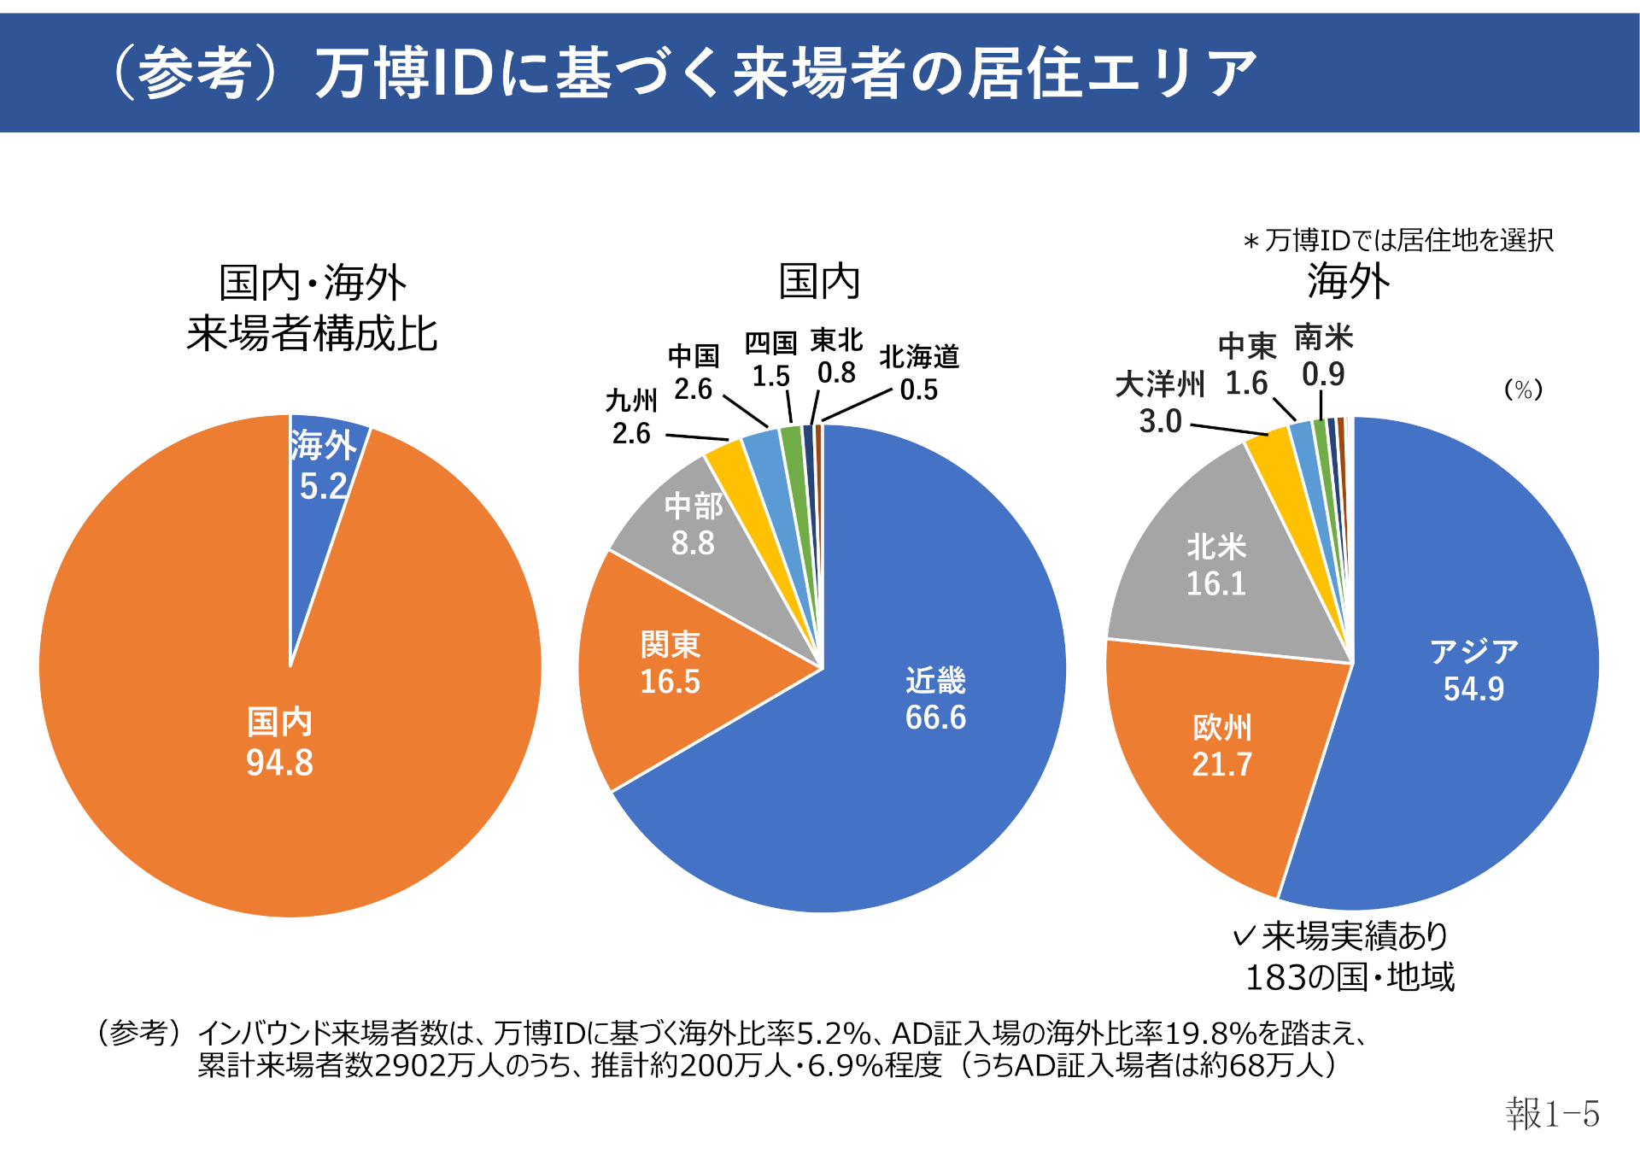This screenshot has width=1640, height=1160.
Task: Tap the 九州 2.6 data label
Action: click(631, 417)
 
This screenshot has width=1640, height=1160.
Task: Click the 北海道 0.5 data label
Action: click(919, 372)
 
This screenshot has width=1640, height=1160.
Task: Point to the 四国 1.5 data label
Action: click(770, 360)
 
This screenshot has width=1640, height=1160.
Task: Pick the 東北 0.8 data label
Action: click(836, 356)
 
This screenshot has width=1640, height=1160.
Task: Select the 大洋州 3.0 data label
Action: click(1160, 402)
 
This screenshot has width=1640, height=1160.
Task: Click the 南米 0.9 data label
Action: click(1323, 356)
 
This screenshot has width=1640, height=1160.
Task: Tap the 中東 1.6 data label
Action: click(1247, 365)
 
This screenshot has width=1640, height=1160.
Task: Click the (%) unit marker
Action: click(1523, 390)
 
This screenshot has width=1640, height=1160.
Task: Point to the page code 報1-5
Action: click(1552, 1114)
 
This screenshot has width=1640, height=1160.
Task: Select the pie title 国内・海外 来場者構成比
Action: click(313, 308)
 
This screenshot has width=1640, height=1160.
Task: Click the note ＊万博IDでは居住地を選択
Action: click(1398, 240)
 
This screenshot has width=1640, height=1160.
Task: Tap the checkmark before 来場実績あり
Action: click(1245, 936)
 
